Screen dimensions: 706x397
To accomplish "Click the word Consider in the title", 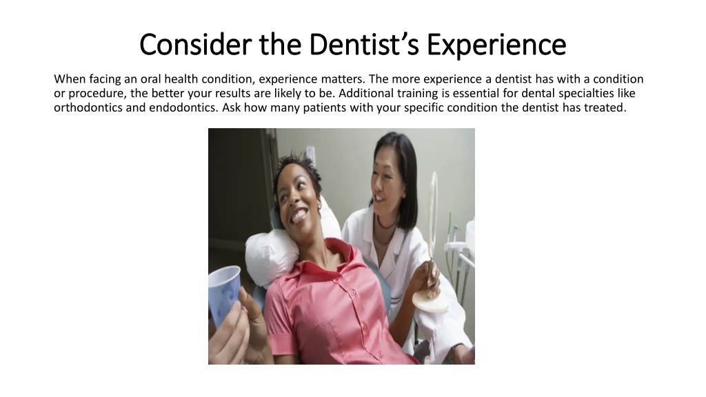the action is pos(195,44).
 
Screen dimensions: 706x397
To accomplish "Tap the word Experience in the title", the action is pos(496,45).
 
